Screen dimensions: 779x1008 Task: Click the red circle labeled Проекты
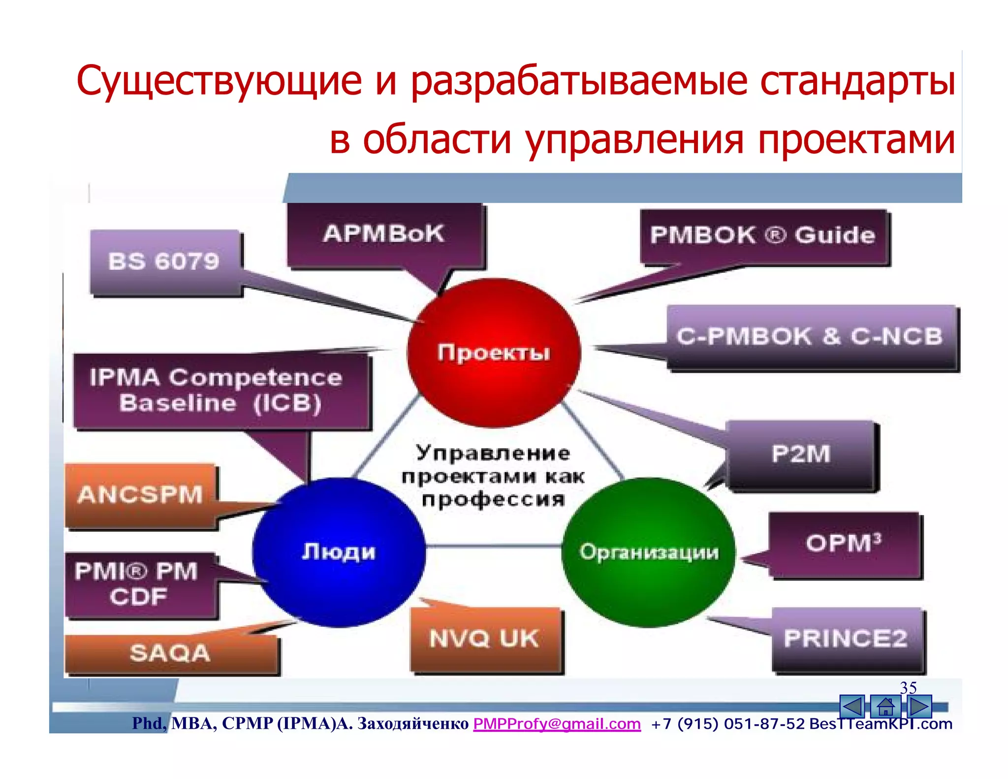tap(494, 352)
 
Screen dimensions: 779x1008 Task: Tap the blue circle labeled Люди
tap(339, 552)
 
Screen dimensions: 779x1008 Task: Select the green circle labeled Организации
tap(648, 552)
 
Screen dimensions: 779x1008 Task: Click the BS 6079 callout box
tap(165, 262)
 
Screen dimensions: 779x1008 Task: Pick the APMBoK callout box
tap(384, 234)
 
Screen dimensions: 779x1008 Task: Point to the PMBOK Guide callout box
tap(763, 236)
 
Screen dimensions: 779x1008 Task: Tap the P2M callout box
tap(801, 454)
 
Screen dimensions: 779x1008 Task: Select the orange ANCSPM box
tap(141, 495)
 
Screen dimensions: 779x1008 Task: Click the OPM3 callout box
tap(844, 544)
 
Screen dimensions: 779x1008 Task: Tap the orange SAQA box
tap(170, 653)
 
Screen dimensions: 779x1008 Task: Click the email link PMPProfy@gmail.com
tap(557, 723)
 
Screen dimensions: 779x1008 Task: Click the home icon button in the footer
tap(885, 707)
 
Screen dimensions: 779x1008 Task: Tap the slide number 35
tap(908, 687)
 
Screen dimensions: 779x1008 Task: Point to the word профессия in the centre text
tap(493, 499)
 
